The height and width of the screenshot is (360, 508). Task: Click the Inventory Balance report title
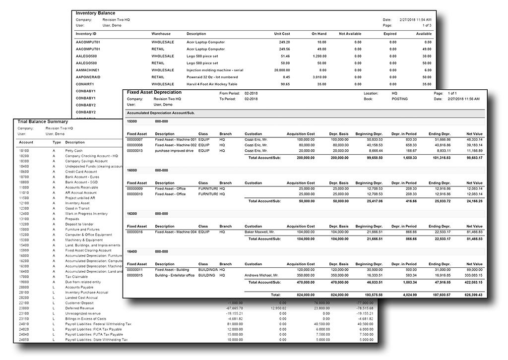95,12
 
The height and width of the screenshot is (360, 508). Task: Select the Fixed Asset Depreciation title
154,93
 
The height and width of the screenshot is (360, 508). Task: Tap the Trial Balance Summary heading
43,121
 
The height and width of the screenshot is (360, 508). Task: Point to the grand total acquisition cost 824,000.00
302,295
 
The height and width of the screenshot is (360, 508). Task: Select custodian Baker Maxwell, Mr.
260,232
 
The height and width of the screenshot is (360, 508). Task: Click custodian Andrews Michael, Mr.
261,275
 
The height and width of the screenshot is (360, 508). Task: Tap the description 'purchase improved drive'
174,150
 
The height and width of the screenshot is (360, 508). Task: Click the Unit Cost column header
282,34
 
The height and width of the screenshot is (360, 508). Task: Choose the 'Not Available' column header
350,34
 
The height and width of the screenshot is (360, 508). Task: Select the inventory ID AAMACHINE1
87,70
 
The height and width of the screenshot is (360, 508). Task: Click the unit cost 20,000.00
281,70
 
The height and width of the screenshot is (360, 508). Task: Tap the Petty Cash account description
74,151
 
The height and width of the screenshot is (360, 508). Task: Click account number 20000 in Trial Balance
24,287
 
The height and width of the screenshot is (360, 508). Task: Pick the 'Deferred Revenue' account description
79,308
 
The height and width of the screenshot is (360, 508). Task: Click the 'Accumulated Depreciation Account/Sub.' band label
160,114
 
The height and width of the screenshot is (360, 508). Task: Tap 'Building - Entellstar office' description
175,275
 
